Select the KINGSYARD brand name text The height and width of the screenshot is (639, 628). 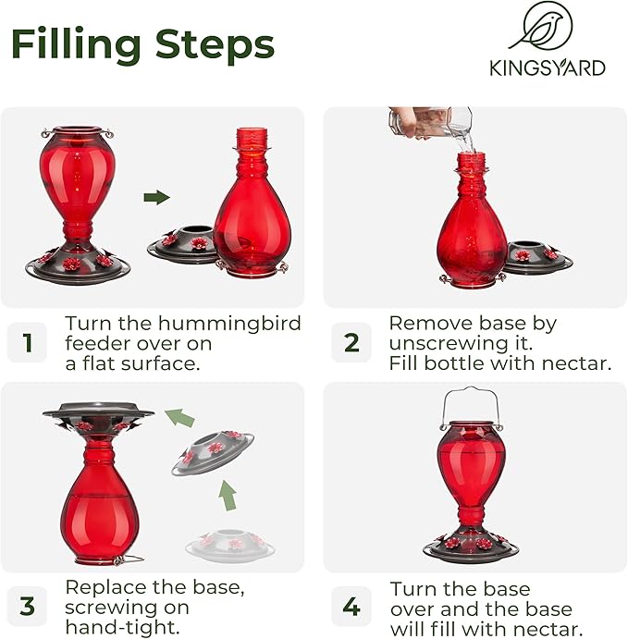pyautogui.click(x=548, y=68)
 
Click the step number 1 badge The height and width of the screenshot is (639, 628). pyautogui.click(x=27, y=343)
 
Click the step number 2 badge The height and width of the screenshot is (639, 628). pyautogui.click(x=351, y=343)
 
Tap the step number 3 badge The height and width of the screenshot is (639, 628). pyautogui.click(x=27, y=607)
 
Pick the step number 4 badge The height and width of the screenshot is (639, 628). pyautogui.click(x=351, y=607)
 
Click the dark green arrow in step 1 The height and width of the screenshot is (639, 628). pyautogui.click(x=157, y=197)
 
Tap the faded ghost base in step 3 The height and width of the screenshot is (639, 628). pyautogui.click(x=230, y=545)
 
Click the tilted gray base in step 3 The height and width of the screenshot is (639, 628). pyautogui.click(x=213, y=452)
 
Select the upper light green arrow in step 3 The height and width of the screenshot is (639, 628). pyautogui.click(x=180, y=418)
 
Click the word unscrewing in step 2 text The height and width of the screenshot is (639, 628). pyautogui.click(x=447, y=343)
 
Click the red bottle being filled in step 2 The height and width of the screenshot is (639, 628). pyautogui.click(x=471, y=227)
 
